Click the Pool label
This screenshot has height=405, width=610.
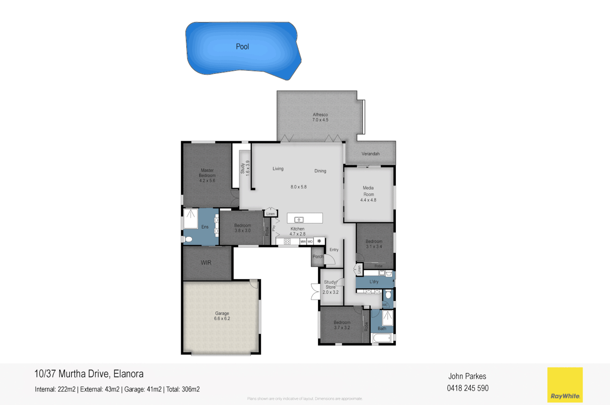click(242, 46)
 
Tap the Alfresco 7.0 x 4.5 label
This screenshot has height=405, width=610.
click(320, 117)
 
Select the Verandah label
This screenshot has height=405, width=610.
click(370, 154)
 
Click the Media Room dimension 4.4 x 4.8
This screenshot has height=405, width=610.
click(368, 200)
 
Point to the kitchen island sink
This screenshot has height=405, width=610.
click(299, 220)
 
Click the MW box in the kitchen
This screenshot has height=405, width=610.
click(303, 242)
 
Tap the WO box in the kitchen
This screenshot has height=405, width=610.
click(310, 242)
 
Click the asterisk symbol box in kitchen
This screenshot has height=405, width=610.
click(319, 241)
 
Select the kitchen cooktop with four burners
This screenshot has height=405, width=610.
click(287, 242)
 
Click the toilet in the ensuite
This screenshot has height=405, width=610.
click(188, 239)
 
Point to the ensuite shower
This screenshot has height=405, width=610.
click(191, 218)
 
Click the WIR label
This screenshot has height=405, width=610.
click(206, 263)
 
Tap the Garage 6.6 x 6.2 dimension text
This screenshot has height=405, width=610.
click(222, 319)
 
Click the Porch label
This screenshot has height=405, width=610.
click(318, 257)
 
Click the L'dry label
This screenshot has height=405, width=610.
click(374, 282)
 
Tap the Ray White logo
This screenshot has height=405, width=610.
click(565, 385)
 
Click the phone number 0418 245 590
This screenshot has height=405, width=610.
click(467, 388)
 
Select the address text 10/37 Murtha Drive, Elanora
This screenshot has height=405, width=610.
click(89, 374)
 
